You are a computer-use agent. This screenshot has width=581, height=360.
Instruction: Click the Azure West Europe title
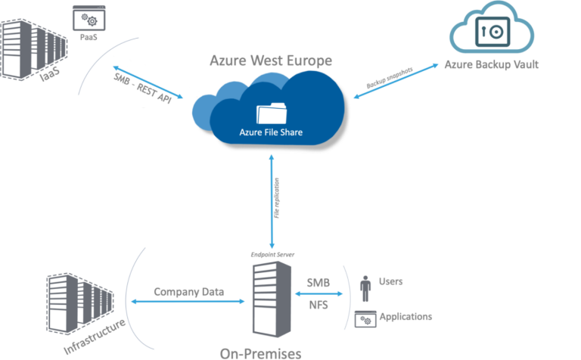point(270,60)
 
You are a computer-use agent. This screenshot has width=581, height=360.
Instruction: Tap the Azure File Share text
point(270,133)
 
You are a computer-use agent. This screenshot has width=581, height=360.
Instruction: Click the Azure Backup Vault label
point(491,64)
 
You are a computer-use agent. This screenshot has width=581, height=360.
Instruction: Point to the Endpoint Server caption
point(271,255)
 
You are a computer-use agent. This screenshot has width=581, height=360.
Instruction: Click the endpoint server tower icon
point(270,299)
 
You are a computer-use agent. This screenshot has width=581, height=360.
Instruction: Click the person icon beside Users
point(366,288)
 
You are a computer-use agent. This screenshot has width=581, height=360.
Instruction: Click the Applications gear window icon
point(365,319)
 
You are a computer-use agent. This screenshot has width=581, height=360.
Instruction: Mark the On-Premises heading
point(260,352)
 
